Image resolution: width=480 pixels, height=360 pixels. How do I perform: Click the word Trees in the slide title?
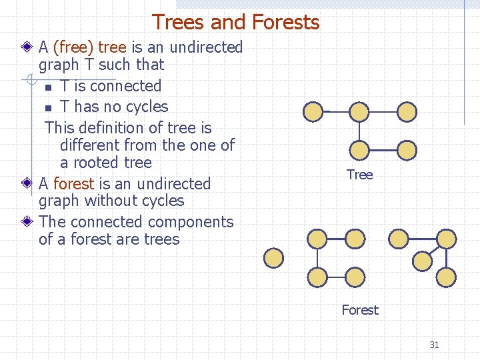click(178, 23)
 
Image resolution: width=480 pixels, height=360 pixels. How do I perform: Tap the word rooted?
click(103, 163)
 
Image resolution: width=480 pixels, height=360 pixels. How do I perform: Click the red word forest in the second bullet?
click(73, 183)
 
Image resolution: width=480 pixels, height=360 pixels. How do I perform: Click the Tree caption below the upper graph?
click(359, 175)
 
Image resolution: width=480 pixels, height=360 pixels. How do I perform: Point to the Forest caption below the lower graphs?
click(359, 310)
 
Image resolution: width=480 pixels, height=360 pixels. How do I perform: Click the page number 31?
click(434, 345)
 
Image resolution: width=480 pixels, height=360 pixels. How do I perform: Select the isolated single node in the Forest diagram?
click(273, 257)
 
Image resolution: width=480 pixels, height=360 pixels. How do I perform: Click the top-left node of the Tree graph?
click(312, 111)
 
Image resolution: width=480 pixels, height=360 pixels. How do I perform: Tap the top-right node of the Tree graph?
click(407, 111)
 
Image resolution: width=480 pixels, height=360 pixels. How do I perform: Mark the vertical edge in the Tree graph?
click(359, 131)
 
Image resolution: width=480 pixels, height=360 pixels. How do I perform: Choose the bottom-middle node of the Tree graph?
click(359, 150)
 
